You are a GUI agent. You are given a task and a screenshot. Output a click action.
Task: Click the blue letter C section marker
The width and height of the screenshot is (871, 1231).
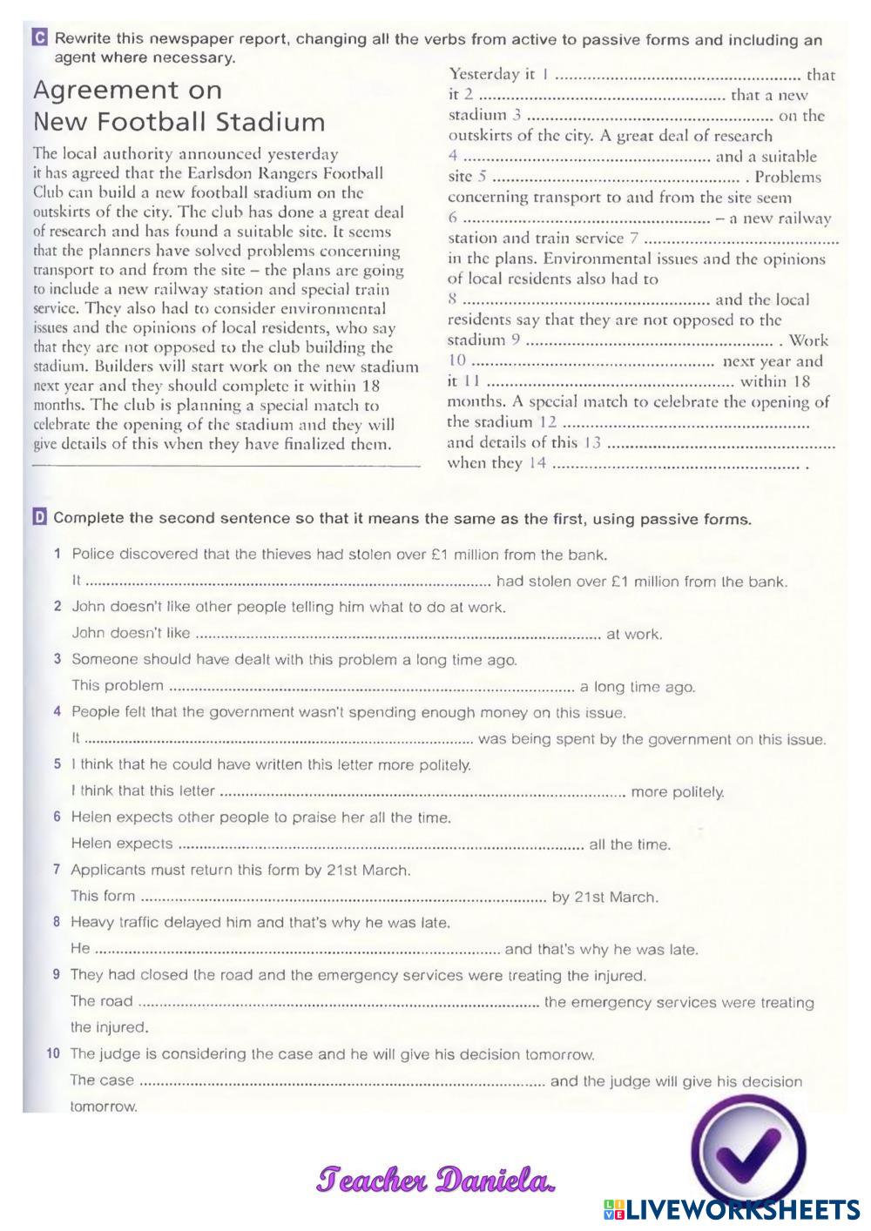38,38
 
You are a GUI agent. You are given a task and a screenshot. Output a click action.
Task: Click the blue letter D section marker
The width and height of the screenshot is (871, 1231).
39,519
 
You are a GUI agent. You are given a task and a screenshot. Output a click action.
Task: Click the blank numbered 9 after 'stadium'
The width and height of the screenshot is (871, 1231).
649,341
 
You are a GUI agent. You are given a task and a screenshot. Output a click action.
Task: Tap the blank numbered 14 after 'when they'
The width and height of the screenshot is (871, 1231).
675,464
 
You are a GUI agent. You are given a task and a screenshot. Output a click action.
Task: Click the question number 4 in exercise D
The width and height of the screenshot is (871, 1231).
57,712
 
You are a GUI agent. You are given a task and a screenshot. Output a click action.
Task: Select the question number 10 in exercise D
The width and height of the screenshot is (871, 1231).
54,1054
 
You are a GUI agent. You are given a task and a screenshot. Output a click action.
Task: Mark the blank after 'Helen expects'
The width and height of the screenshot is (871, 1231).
380,844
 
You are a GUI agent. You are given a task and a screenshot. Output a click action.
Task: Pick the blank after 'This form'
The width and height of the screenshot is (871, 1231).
343,897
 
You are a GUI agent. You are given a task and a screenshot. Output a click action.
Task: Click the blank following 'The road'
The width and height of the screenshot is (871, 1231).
339,1002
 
